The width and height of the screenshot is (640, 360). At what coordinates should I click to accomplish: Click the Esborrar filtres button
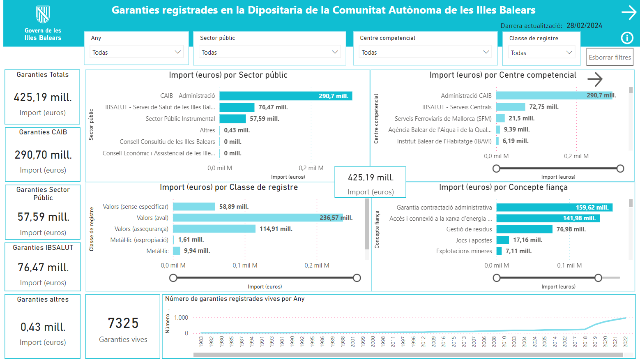click(610, 58)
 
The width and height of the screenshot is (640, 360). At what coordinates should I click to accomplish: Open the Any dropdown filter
click(136, 52)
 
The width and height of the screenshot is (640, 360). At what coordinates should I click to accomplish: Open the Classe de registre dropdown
click(541, 53)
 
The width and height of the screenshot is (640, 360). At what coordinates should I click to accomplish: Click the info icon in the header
click(627, 38)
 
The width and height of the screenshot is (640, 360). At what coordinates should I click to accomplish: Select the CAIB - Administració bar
click(285, 96)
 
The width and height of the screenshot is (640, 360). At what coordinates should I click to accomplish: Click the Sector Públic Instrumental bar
click(233, 119)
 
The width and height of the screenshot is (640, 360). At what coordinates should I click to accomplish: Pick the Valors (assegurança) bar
click(214, 229)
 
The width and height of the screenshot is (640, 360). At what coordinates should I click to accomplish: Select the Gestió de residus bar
click(524, 229)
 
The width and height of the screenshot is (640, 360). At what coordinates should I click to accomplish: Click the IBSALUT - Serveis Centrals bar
click(511, 107)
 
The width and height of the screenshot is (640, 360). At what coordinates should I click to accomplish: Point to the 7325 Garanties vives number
click(123, 323)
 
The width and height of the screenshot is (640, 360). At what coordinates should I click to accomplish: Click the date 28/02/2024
click(584, 25)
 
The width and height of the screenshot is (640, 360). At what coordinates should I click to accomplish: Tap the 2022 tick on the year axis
click(626, 342)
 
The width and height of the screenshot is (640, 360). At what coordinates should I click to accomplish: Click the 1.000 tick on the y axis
click(181, 318)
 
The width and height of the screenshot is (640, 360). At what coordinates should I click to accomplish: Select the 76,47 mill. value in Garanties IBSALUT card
click(43, 268)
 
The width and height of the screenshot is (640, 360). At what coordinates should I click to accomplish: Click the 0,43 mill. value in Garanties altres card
click(43, 327)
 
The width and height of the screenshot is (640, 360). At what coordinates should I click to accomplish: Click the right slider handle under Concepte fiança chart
click(598, 278)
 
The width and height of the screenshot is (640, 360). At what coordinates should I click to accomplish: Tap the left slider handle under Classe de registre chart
click(173, 278)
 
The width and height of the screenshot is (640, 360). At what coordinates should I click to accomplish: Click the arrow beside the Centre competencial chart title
click(595, 79)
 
